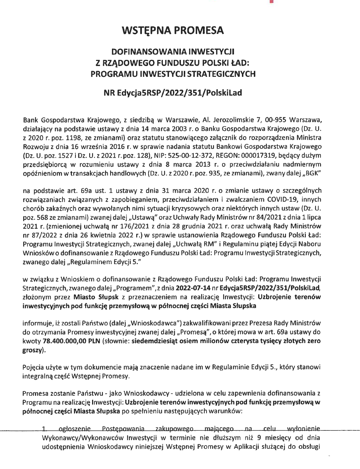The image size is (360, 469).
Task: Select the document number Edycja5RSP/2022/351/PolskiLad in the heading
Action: [x=179, y=93]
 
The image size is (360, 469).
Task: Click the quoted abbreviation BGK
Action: [x=313, y=173]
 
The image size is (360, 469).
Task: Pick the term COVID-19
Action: [x=281, y=200]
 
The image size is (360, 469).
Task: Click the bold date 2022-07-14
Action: [x=193, y=288]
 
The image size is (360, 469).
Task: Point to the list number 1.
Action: [x=44, y=429]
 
